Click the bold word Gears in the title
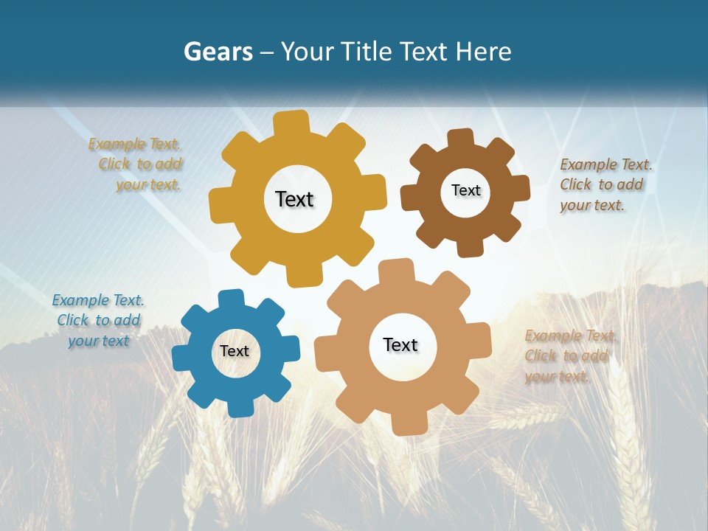point(218,52)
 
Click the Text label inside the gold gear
point(294,199)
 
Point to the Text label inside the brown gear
point(465,190)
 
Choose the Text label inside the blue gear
point(234,351)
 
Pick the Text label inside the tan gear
point(400,344)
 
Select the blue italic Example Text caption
point(98,320)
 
